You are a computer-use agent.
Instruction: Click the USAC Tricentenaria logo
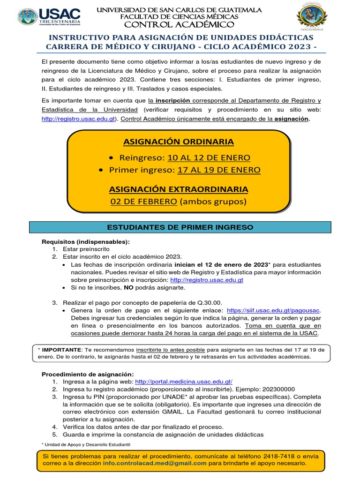coord(49,17)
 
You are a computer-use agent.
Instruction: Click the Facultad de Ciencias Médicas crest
coord(312,17)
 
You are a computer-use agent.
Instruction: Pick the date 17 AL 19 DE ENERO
coord(219,170)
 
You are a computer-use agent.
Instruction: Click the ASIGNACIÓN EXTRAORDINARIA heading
coord(178,189)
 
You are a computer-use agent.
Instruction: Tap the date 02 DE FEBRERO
coord(143,202)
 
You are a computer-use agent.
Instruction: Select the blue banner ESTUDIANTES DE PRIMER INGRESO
coord(180,227)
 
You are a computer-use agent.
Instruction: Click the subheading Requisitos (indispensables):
coord(86,241)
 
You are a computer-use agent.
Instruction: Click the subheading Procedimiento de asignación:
coord(88,374)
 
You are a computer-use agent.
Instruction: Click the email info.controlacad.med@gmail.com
coord(155,463)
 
